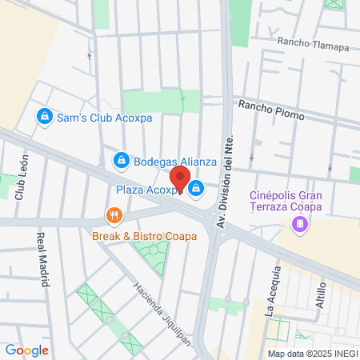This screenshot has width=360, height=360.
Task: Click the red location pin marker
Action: pyautogui.click(x=180, y=180)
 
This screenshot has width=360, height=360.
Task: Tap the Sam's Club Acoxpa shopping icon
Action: pyautogui.click(x=46, y=117)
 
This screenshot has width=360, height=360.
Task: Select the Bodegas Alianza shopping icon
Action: pyautogui.click(x=121, y=161)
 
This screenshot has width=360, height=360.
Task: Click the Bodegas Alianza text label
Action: pyautogui.click(x=174, y=161)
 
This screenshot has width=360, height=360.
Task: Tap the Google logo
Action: pyautogui.click(x=26, y=350)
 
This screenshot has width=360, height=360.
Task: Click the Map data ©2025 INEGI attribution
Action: pyautogui.click(x=312, y=354)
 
